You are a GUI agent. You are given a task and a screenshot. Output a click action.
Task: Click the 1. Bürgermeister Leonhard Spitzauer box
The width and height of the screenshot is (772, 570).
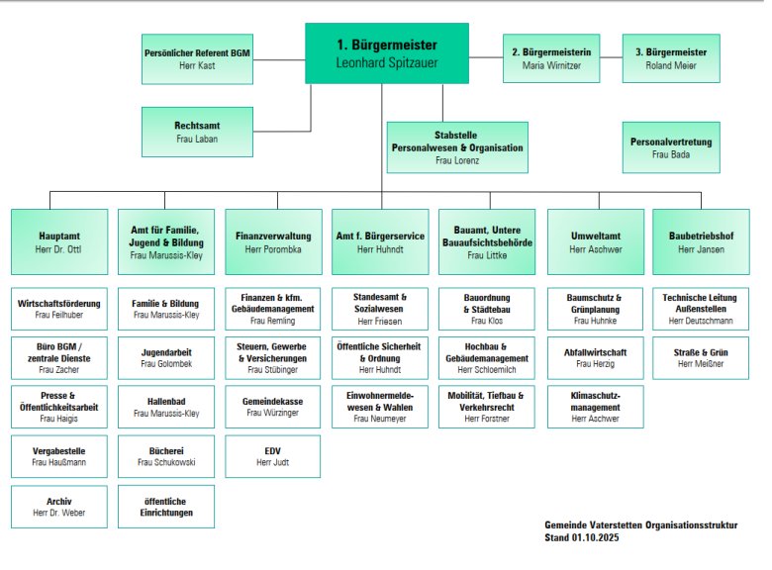[386, 53]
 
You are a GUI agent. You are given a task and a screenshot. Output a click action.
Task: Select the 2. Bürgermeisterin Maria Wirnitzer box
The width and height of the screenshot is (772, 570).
[559, 58]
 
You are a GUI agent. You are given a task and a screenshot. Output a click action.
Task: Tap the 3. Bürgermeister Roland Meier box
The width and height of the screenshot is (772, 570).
[671, 58]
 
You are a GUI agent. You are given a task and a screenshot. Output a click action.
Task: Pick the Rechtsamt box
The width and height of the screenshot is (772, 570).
[197, 133]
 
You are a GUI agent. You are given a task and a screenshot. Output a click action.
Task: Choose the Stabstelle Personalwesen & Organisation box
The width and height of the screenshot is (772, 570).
[457, 147]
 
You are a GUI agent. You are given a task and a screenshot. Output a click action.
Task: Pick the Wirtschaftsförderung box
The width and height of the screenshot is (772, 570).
[59, 308]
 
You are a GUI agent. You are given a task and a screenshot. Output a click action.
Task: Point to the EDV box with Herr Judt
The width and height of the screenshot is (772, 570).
[273, 456]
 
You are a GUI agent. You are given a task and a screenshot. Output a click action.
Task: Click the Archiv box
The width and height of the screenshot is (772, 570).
[59, 507]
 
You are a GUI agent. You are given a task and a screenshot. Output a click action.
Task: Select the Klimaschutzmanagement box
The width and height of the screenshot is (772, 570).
[596, 406]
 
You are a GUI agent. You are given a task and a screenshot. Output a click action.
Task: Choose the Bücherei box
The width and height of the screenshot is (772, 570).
[166, 456]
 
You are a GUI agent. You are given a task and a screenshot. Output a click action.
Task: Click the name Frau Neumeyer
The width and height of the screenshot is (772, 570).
[380, 419]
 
